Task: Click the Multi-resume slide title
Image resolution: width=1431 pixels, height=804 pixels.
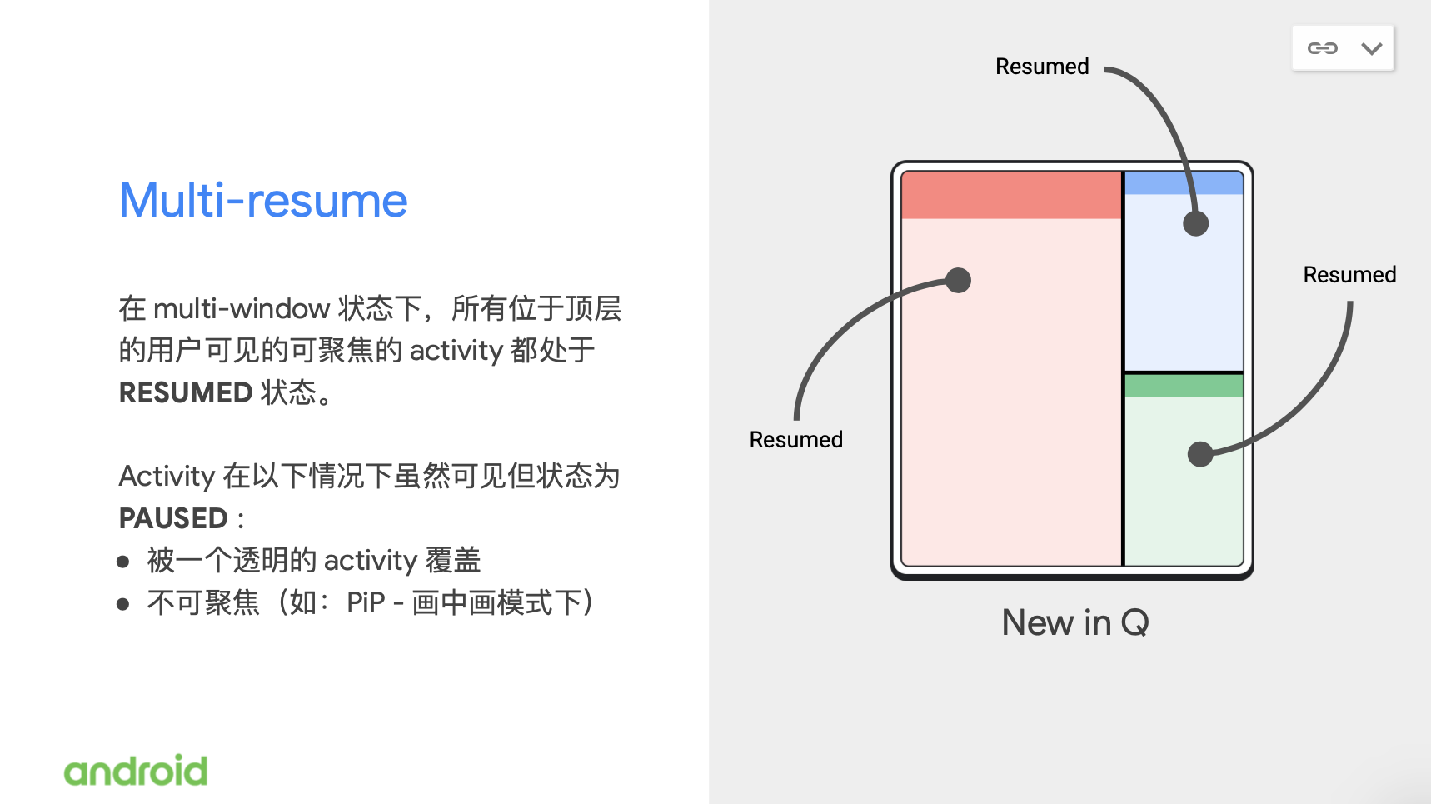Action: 263,200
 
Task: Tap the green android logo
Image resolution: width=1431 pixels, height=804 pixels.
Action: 136,771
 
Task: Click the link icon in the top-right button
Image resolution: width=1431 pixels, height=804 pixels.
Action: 1322,48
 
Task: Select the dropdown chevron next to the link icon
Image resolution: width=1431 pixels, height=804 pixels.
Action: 1372,48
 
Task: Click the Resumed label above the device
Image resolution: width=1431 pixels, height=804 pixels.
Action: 1042,67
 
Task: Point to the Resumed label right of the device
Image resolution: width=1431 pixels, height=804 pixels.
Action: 1349,275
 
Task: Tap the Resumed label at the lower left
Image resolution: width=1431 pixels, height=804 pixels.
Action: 795,439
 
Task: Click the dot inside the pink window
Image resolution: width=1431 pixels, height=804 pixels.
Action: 959,280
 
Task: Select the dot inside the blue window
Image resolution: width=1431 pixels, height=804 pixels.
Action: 1196,223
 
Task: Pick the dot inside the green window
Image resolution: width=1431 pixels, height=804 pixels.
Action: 1200,454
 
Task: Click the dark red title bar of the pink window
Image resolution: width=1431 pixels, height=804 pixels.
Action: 1011,195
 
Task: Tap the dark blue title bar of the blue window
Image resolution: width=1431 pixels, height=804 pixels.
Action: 1184,183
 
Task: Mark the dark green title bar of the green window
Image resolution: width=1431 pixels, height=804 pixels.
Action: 1184,386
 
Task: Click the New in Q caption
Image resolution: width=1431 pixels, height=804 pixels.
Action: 1075,622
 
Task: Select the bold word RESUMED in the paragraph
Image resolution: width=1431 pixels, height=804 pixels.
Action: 186,392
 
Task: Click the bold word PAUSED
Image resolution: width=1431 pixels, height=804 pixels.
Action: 173,518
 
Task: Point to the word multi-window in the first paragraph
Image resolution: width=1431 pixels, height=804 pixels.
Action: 242,308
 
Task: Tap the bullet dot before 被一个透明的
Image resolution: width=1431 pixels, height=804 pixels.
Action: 123,562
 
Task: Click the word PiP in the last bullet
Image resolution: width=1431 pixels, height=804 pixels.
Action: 366,602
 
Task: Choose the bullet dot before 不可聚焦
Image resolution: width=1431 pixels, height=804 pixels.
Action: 123,604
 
